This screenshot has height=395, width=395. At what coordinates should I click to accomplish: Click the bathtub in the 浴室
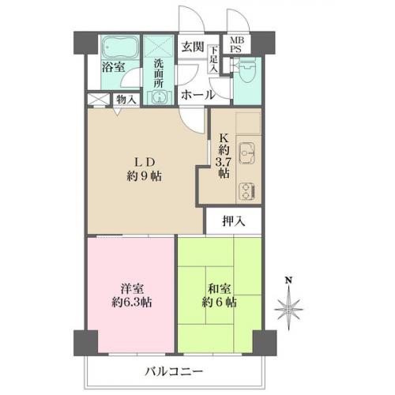click(x=121, y=47)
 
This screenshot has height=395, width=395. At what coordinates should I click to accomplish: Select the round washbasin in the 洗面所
click(x=159, y=97)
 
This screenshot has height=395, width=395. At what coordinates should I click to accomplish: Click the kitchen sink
click(x=246, y=154)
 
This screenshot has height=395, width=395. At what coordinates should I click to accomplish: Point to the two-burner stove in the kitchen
click(x=246, y=191)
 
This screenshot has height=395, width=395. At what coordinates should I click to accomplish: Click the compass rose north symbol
click(x=288, y=307)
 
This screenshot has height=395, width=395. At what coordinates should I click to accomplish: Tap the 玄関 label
click(x=193, y=47)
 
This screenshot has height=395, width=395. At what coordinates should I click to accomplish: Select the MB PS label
click(x=237, y=44)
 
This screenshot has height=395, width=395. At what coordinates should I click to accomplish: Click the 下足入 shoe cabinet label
click(x=213, y=59)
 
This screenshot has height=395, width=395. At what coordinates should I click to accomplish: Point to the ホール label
click(x=197, y=95)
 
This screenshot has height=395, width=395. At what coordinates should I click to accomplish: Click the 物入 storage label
click(x=126, y=100)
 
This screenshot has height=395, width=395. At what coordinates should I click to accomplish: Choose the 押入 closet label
click(x=234, y=220)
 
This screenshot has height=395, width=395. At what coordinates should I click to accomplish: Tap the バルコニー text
click(x=174, y=372)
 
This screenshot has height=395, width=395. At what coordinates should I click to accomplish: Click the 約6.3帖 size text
click(x=132, y=303)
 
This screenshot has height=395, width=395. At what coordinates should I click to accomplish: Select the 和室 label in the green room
click(x=220, y=289)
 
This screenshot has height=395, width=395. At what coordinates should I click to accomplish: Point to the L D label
click(x=145, y=163)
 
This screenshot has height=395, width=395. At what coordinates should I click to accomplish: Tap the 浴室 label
click(x=114, y=67)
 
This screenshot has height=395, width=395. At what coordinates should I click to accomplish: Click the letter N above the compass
click(x=289, y=280)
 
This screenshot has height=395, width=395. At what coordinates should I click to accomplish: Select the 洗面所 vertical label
click(x=159, y=73)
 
